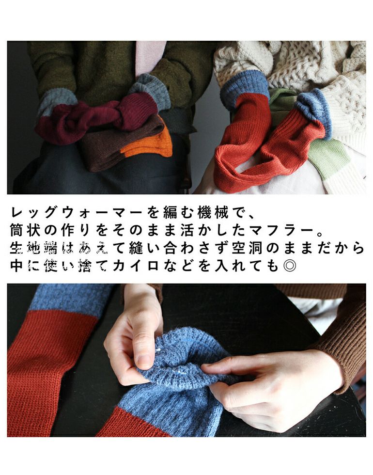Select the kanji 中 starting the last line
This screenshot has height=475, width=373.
coord(16,266)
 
